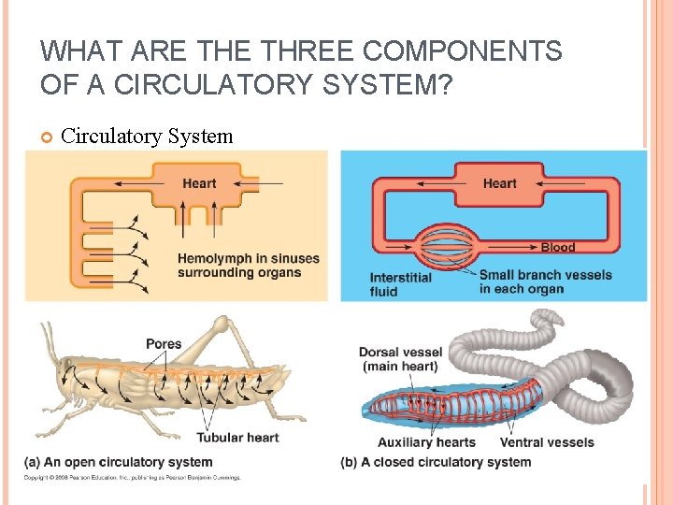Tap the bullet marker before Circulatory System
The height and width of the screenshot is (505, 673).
[47, 137]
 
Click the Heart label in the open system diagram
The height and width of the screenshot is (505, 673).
[199, 183]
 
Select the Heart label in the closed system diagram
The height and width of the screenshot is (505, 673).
[499, 183]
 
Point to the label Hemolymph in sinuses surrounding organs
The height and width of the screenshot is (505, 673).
[249, 266]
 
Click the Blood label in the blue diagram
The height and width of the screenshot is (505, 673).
[558, 248]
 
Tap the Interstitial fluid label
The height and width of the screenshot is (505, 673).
[401, 284]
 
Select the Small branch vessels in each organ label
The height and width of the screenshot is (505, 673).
[545, 281]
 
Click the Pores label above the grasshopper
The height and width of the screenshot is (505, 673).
[164, 344]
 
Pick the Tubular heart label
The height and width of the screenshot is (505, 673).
[237, 438]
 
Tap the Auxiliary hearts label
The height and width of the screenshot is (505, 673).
[426, 442]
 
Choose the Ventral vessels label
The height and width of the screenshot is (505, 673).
[547, 442]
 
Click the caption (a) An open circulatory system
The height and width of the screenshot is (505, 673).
[119, 462]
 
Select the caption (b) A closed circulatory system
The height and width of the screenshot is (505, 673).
[437, 462]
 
